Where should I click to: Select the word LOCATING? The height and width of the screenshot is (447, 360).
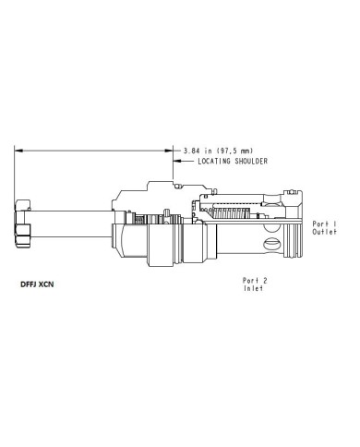214,161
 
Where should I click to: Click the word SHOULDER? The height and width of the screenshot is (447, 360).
251,161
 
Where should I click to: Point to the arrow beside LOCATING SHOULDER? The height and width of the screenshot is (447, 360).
184,161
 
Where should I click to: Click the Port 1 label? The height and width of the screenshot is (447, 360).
324,224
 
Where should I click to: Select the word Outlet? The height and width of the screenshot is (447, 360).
324,232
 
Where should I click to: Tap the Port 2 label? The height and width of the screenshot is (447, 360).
255,281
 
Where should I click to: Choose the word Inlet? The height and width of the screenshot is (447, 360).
254,288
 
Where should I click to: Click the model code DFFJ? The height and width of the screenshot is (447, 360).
29,284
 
